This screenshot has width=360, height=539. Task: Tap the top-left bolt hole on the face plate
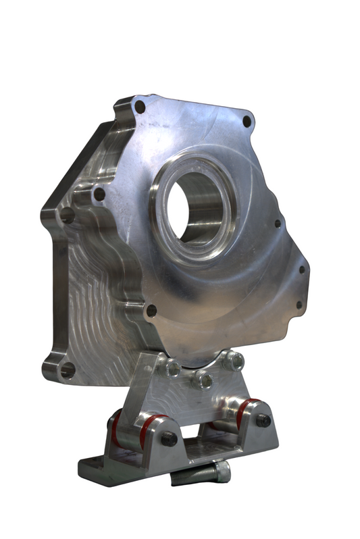[140, 107]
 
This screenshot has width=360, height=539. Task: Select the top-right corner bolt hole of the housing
[247, 122]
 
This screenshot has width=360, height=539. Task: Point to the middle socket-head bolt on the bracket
[201, 380]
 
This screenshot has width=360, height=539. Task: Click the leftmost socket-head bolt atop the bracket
[173, 369]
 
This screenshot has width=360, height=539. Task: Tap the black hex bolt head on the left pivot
[168, 438]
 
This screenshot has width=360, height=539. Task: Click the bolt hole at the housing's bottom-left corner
[67, 370]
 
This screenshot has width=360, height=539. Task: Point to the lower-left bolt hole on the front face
[151, 311]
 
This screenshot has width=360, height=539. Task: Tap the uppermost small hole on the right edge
[277, 224]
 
